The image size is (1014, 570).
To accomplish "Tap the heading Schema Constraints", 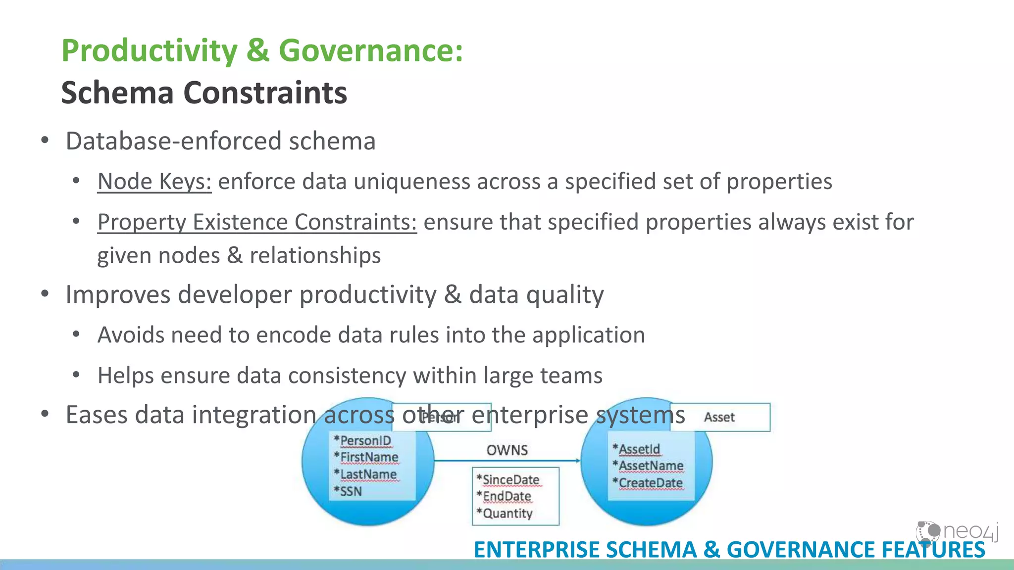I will (204, 93).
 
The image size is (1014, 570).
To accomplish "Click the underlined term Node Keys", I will (154, 182).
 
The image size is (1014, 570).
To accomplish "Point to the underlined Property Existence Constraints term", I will (257, 222).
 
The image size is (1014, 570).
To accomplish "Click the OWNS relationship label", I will (507, 450).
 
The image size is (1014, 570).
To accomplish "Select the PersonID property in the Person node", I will (365, 440).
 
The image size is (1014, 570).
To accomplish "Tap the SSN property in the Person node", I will (350, 491).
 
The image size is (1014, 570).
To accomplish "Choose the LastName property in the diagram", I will (368, 475).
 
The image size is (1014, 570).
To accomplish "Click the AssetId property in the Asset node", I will (639, 449).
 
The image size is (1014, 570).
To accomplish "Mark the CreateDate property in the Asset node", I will (650, 482).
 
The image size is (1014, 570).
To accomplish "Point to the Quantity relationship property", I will (507, 514).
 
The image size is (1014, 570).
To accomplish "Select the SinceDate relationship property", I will (510, 479).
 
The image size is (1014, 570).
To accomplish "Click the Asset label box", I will (719, 418).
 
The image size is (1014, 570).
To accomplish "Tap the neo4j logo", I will (957, 532).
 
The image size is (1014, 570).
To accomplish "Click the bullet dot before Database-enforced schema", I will (45, 141).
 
